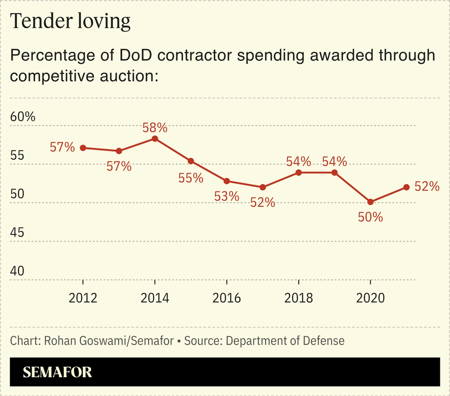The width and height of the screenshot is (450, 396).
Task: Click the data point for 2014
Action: point(155,138)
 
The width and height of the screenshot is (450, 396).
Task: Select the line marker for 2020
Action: point(370,202)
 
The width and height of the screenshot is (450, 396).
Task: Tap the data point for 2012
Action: point(83,148)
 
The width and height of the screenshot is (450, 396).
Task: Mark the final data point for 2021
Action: point(406,187)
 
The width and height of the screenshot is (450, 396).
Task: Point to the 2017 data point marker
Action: point(262,187)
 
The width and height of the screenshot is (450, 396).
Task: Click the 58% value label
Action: point(155,127)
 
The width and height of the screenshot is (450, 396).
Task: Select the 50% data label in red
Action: point(370,217)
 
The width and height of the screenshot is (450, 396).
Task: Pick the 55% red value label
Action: point(191,178)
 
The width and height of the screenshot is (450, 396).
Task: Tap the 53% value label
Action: point(227,196)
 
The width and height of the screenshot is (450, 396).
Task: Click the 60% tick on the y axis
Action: point(23,116)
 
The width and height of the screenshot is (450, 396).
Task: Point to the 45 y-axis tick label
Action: point(17,233)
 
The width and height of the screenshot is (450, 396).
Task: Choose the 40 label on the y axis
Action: point(17,271)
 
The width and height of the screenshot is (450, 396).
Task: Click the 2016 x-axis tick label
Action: point(227,298)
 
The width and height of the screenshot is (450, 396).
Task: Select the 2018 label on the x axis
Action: point(298,298)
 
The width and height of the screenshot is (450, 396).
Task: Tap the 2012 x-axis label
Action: point(83,298)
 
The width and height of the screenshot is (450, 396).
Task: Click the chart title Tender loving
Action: point(70,22)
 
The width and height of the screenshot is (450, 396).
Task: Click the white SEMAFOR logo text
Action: point(57,372)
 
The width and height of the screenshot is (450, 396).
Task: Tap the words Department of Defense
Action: point(285,340)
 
